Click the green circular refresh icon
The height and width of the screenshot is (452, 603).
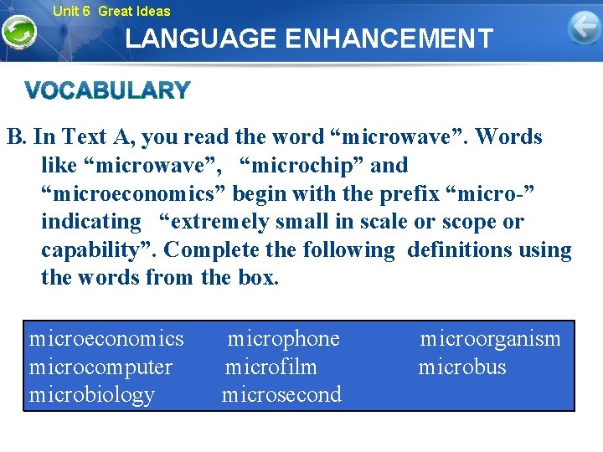click(18, 33)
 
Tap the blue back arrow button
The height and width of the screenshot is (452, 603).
click(584, 28)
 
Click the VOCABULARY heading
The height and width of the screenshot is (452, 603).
click(107, 90)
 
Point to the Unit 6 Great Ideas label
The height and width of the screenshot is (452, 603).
click(111, 11)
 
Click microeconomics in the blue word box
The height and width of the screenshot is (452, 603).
click(106, 339)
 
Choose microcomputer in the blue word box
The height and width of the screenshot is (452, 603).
click(100, 367)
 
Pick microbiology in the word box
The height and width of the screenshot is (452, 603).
click(92, 394)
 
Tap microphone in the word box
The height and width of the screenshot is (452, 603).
click(284, 339)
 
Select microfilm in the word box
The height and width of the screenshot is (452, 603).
click(271, 367)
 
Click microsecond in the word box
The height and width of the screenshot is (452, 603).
click(281, 394)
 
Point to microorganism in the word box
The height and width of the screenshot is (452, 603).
click(490, 339)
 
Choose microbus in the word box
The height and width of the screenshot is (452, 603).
click(462, 367)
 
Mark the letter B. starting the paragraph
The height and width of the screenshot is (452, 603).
click(17, 137)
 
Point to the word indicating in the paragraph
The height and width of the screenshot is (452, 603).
click(91, 222)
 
